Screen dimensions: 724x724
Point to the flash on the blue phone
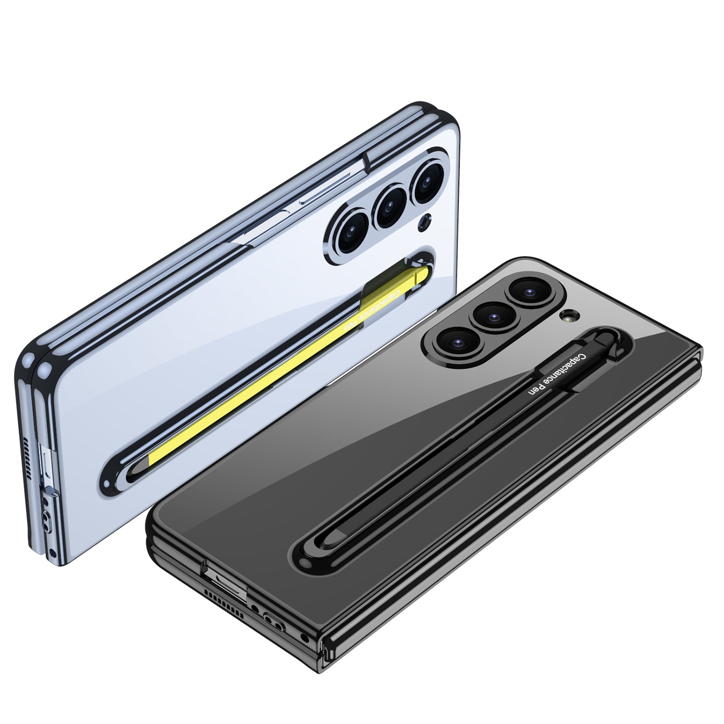click(x=426, y=220)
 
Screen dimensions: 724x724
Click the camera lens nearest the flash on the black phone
click(x=527, y=291)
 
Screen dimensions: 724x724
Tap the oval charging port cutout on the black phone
click(x=272, y=619)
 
